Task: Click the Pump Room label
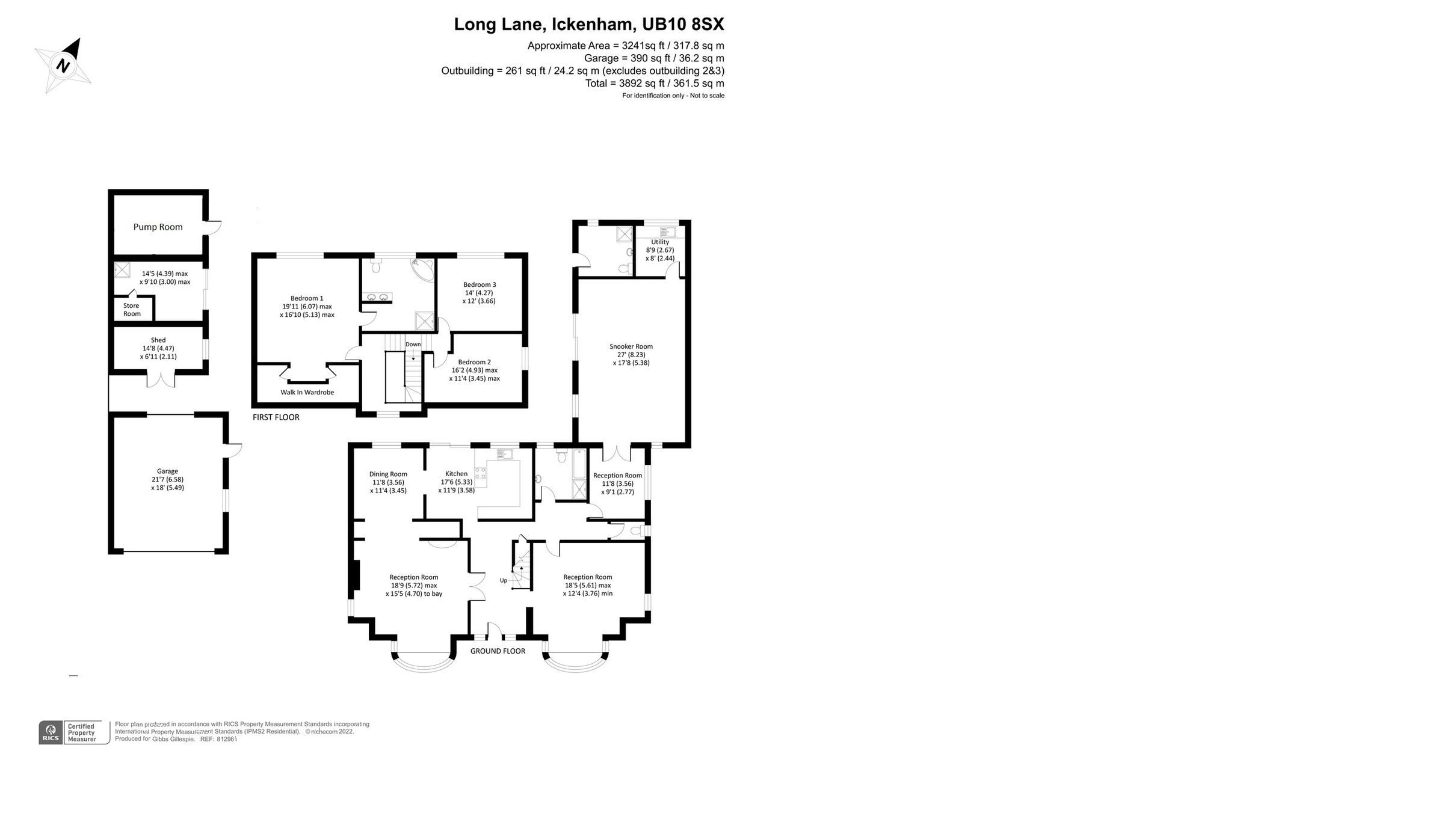[158, 227]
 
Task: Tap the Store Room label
[132, 310]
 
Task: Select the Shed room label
[158, 340]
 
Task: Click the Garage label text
[167, 471]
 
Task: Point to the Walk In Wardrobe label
[307, 392]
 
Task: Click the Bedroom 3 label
[480, 284]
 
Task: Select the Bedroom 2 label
[474, 362]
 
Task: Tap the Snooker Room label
[631, 346]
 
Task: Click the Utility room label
[660, 242]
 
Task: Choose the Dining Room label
[388, 474]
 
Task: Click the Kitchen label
[456, 474]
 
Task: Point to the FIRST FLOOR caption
[276, 417]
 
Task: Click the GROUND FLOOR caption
[498, 651]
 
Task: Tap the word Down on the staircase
[413, 345]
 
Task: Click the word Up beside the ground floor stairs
[503, 580]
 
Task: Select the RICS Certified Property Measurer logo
[74, 732]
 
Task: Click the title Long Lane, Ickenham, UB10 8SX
[588, 25]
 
